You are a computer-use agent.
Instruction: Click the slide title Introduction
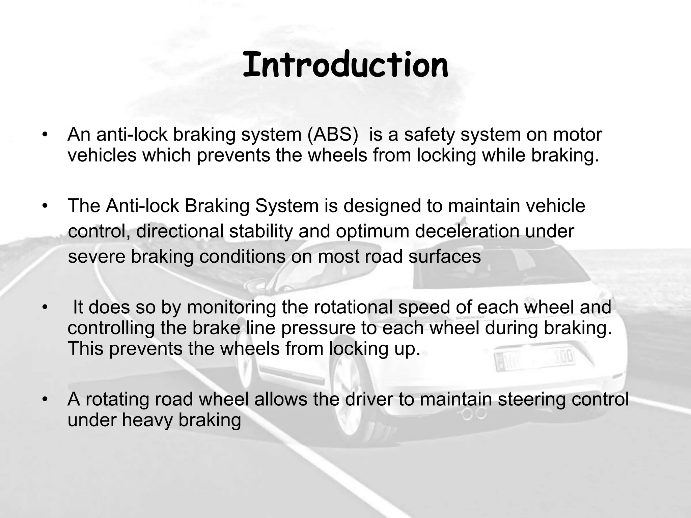click(345, 65)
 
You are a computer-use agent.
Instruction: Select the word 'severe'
click(96, 257)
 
